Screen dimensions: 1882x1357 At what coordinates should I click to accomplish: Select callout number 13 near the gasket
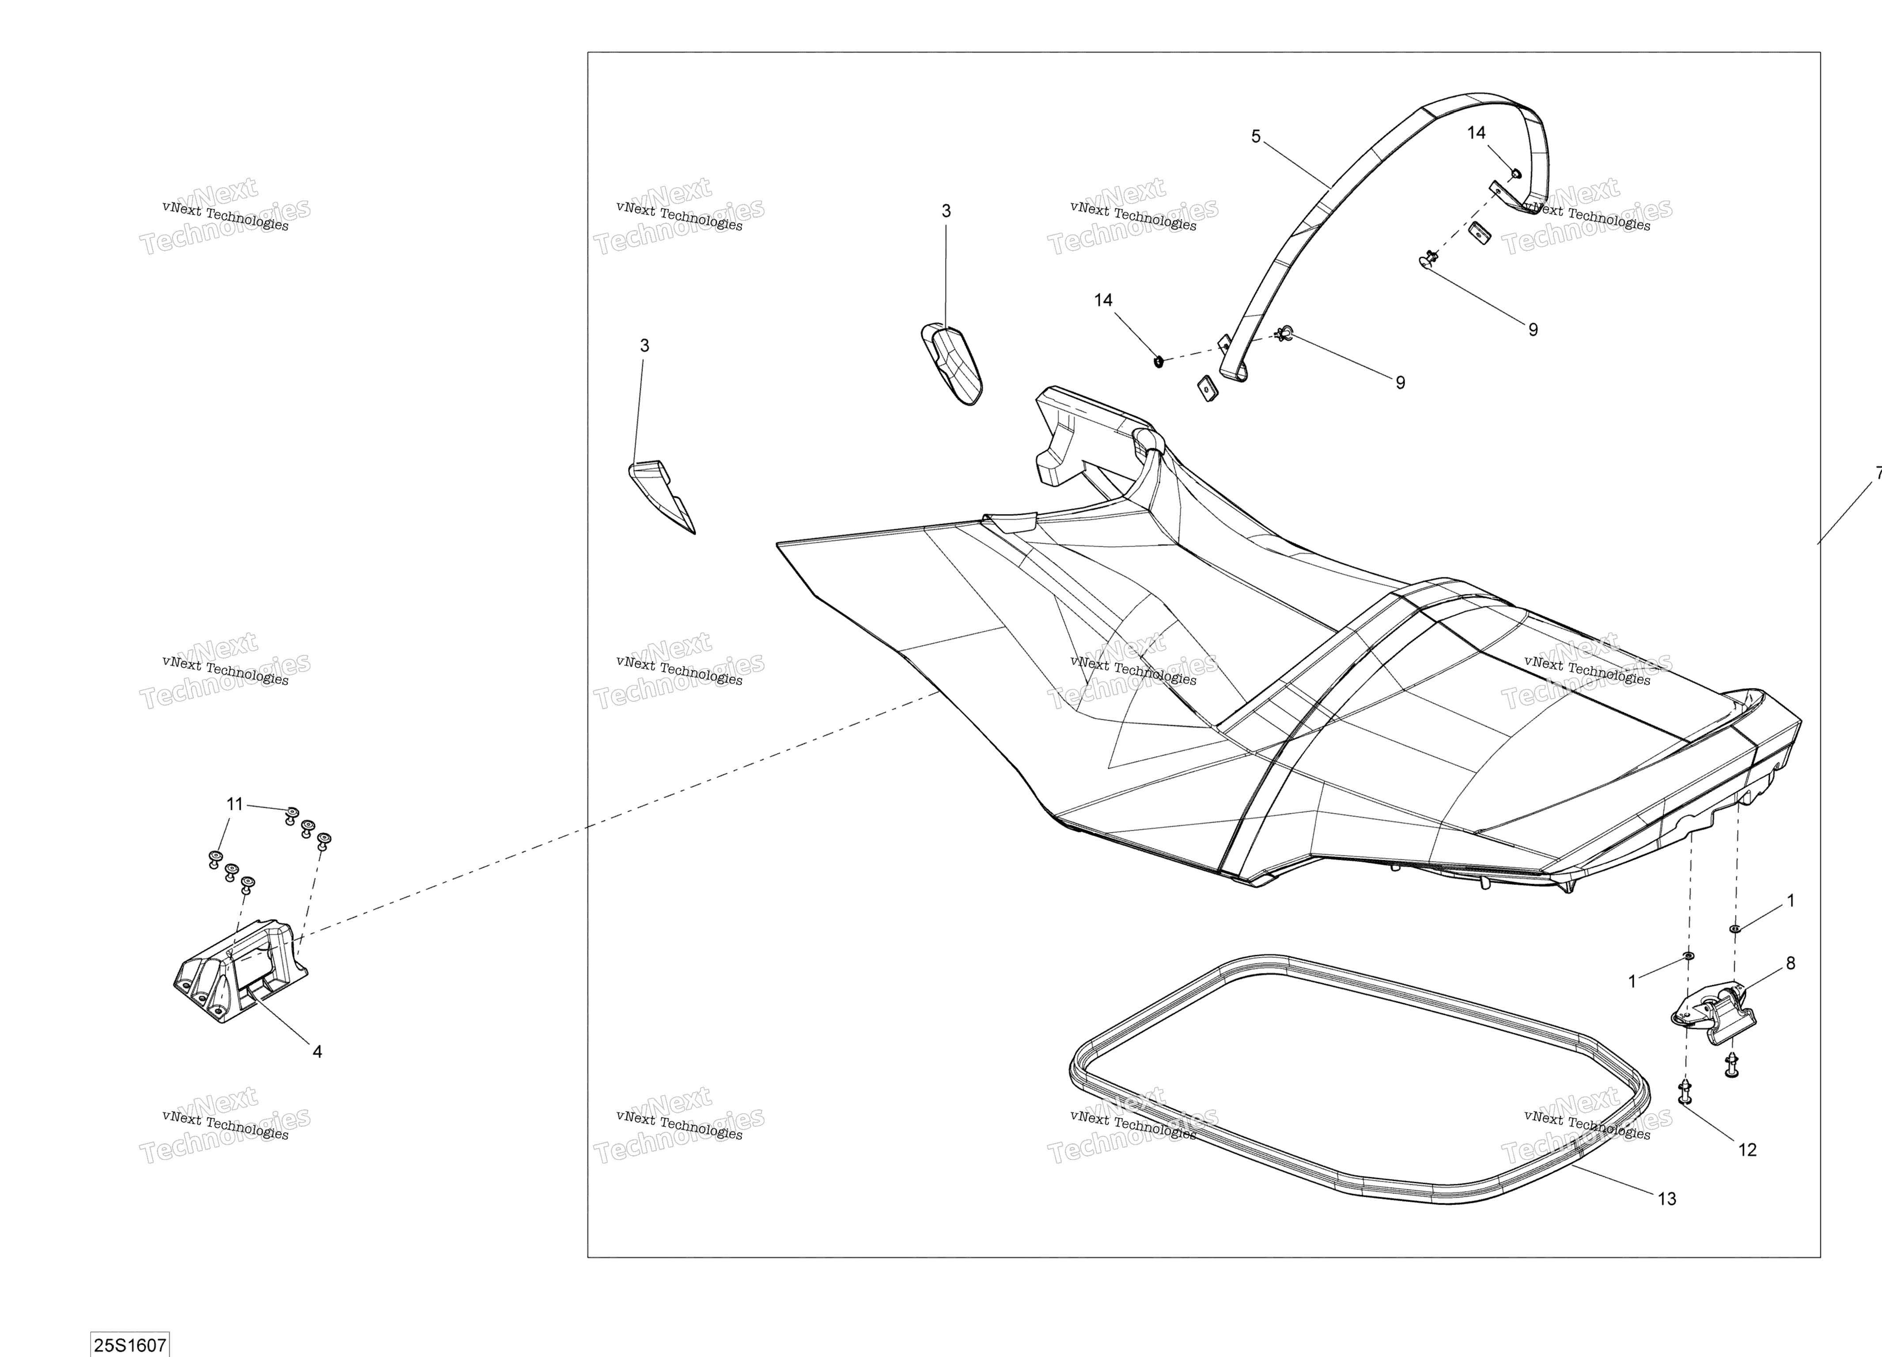[1667, 1198]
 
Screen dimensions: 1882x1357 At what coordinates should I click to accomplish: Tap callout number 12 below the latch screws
[1748, 1149]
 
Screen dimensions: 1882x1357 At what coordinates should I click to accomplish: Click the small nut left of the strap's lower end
[1159, 362]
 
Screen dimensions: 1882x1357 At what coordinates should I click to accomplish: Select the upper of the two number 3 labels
[946, 212]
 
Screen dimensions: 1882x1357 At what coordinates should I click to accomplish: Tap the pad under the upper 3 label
[952, 365]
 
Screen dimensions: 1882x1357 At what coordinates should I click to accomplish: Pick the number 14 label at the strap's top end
[1476, 133]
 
